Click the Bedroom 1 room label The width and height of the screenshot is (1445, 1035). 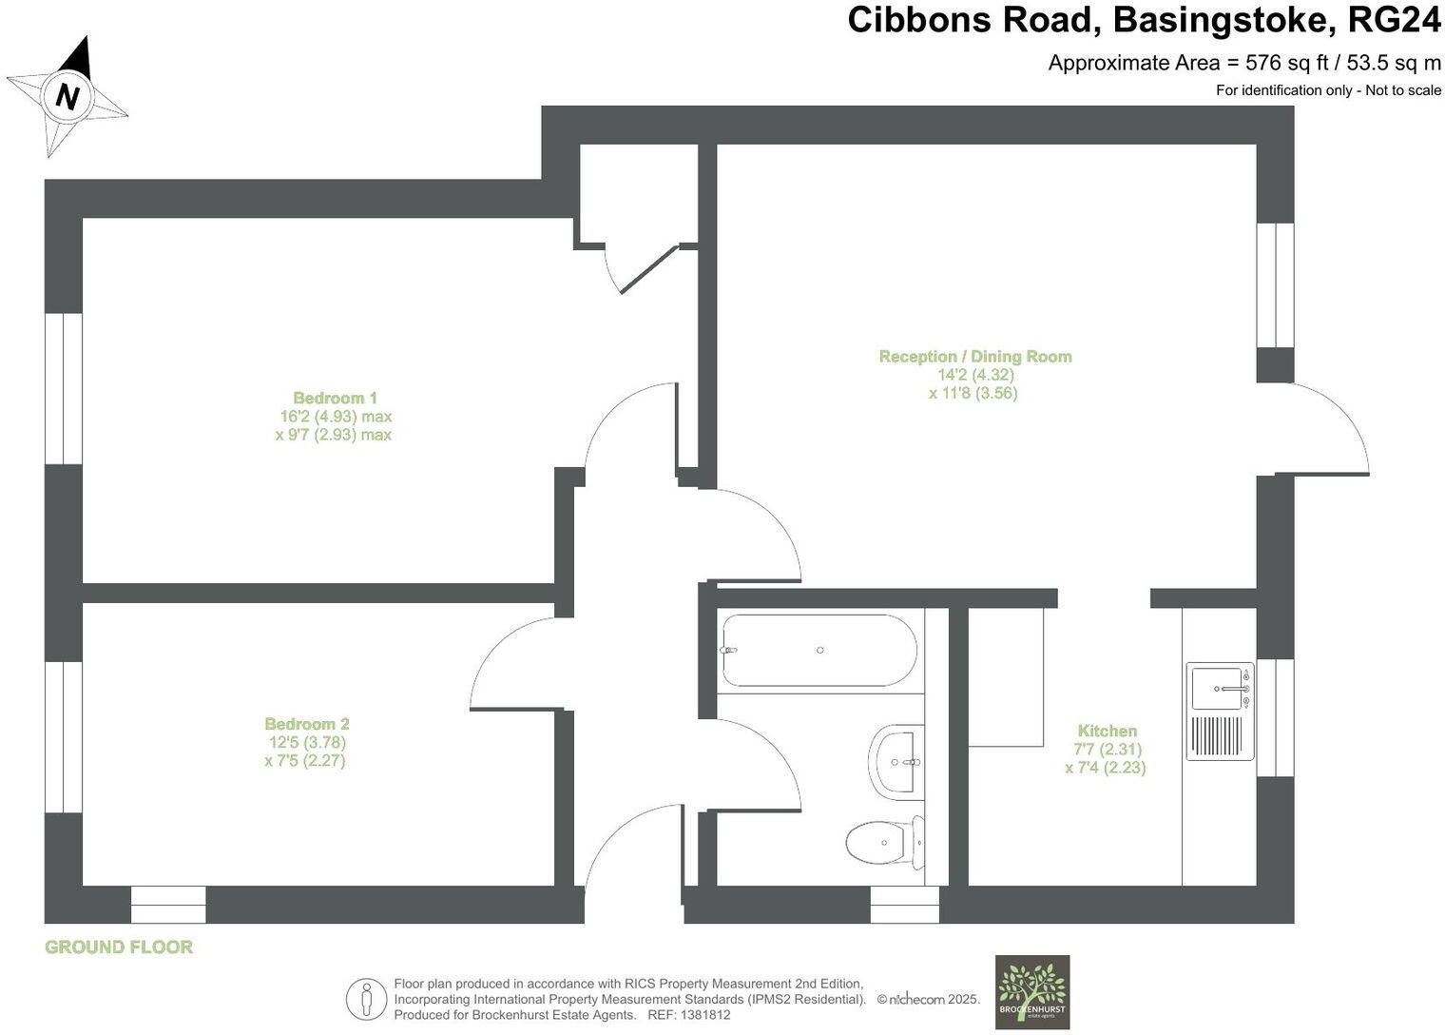click(x=335, y=398)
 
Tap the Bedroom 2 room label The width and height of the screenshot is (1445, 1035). click(x=306, y=724)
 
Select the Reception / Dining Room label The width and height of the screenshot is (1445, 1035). click(x=974, y=357)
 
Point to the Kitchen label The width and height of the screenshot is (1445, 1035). click(x=1107, y=731)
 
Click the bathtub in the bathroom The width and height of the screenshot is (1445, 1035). click(x=819, y=651)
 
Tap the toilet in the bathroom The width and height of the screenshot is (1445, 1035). click(x=884, y=841)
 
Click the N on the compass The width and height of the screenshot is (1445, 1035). click(x=67, y=96)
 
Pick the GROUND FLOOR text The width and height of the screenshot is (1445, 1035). click(x=119, y=947)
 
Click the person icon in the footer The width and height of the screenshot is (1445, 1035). click(x=366, y=1000)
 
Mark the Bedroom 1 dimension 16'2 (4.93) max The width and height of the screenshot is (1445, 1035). click(x=335, y=417)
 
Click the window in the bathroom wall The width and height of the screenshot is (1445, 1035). click(x=904, y=904)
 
